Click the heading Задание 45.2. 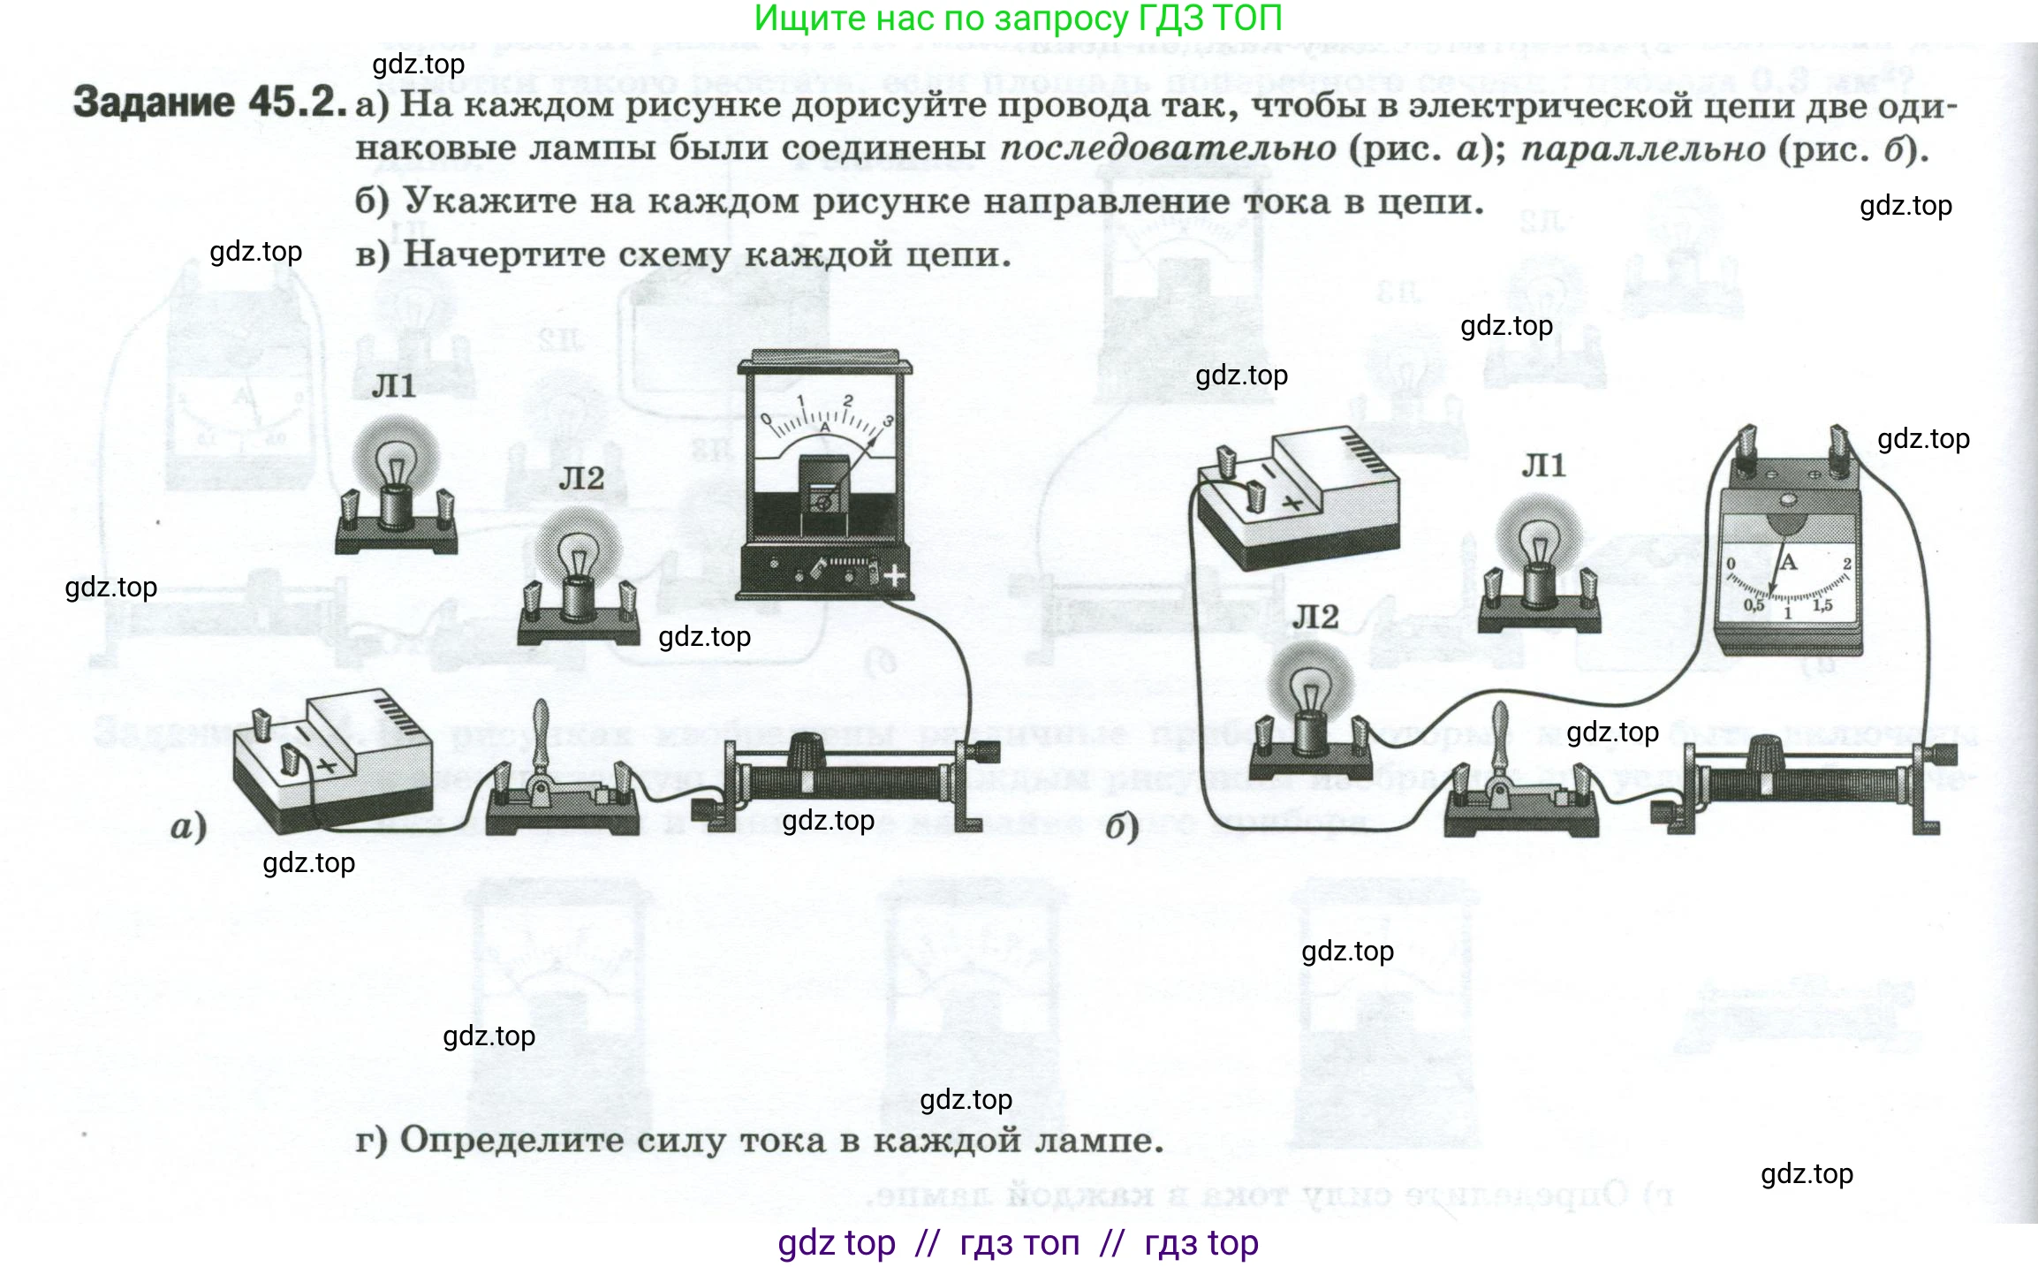(208, 103)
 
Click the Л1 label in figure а (394, 386)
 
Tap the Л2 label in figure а (581, 479)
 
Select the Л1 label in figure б (1543, 466)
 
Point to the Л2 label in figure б (1315, 617)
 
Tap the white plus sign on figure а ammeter (895, 576)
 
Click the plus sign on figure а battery (327, 765)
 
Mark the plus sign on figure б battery (1292, 504)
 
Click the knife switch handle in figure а (542, 733)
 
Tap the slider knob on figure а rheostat (805, 751)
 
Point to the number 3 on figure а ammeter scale (888, 421)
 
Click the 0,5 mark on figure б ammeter (1754, 605)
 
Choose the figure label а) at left (188, 827)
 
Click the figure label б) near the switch (1122, 827)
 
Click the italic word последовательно (1168, 148)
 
